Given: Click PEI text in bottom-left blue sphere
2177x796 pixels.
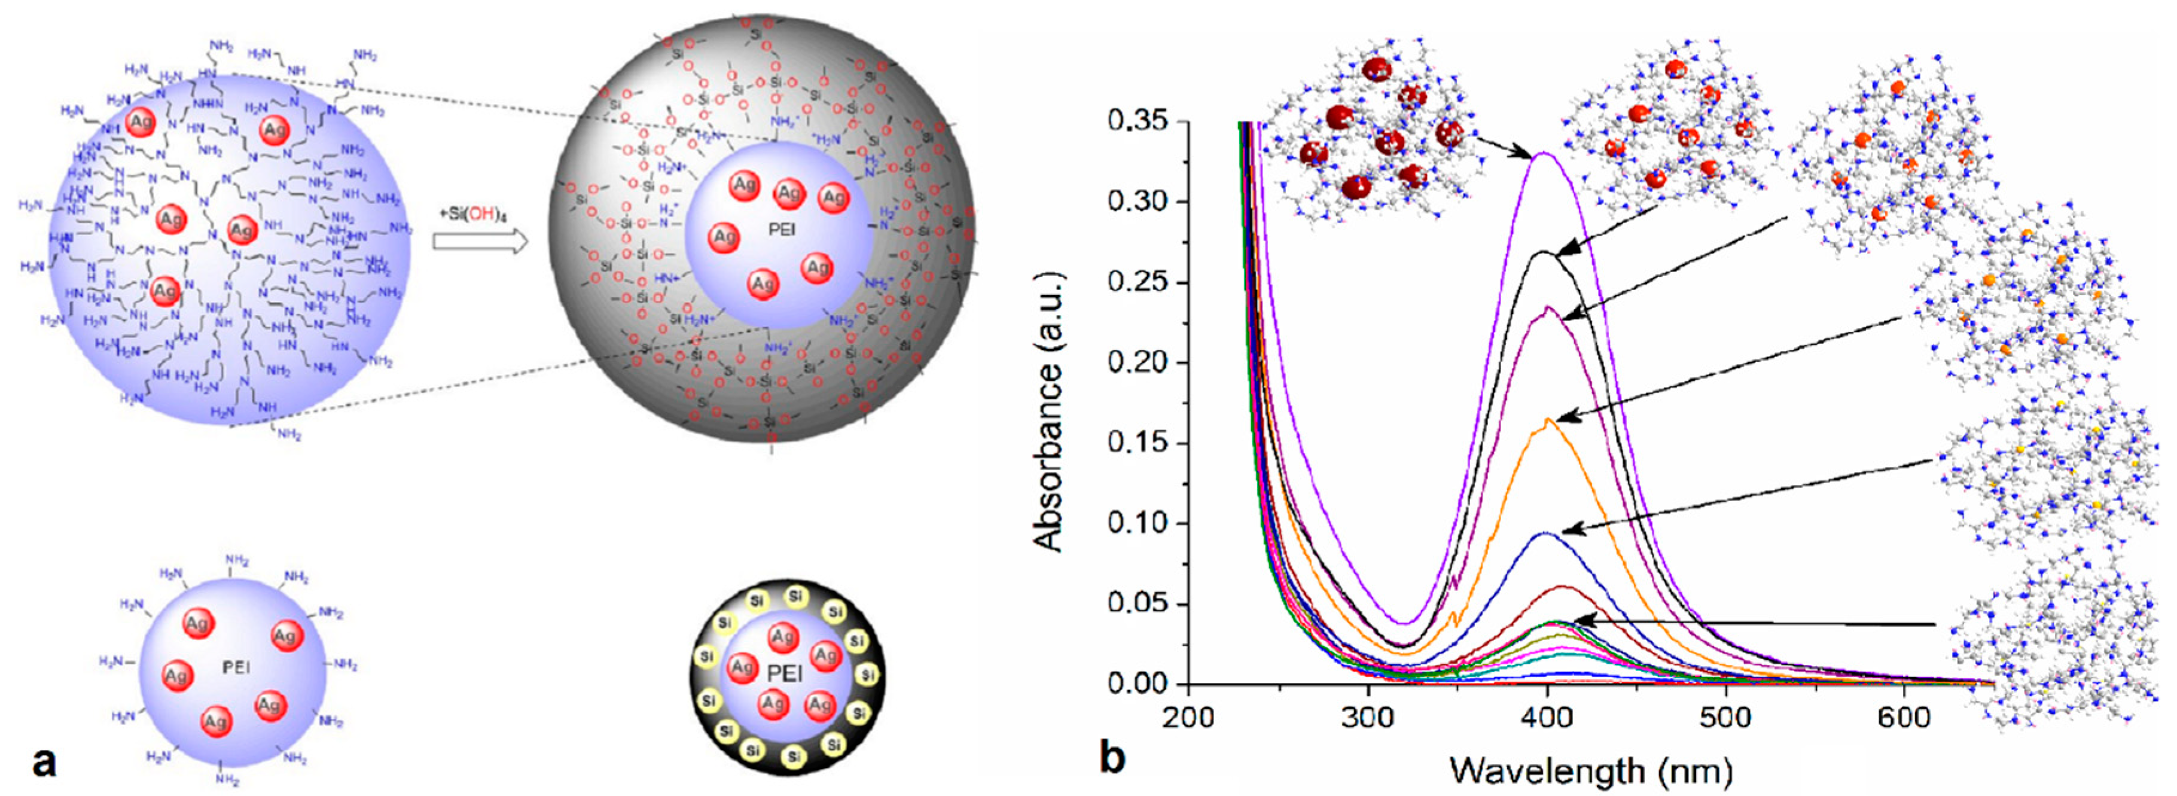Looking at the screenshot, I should (236, 667).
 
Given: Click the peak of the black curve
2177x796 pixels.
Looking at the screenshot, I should (1543, 252).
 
